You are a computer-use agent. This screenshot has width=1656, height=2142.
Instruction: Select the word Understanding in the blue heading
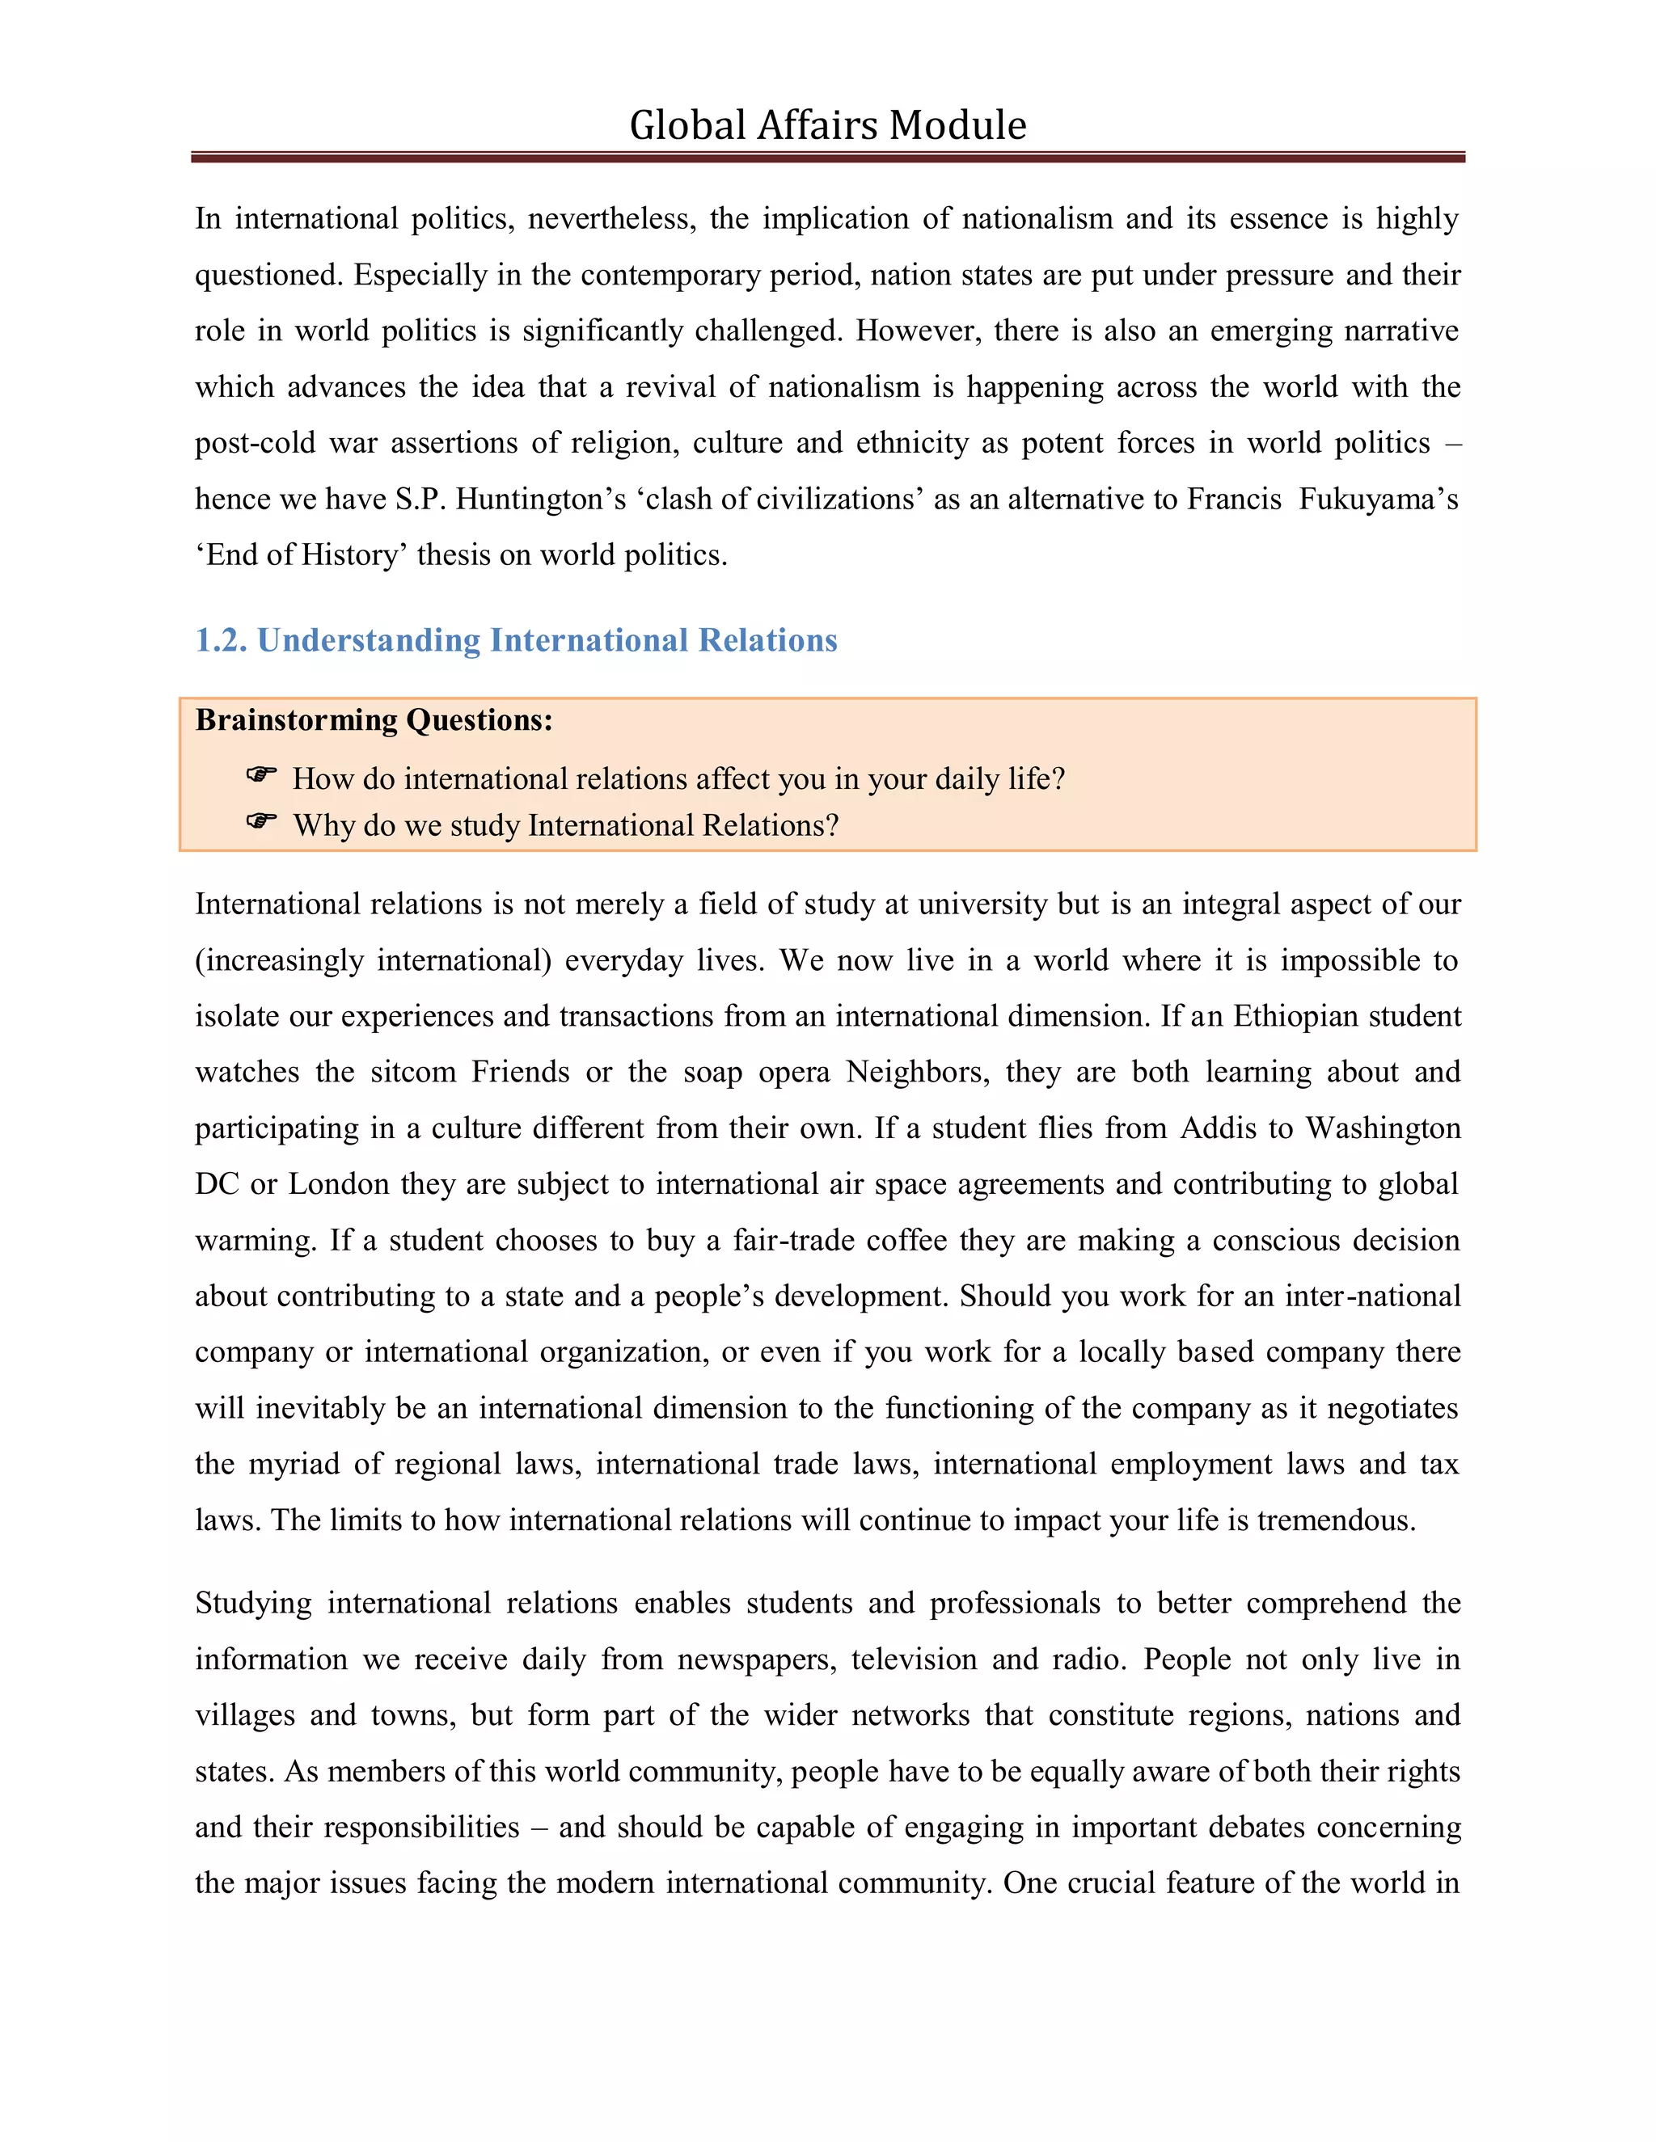pyautogui.click(x=369, y=640)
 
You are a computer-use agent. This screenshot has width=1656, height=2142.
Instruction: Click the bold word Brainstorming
pyautogui.click(x=296, y=720)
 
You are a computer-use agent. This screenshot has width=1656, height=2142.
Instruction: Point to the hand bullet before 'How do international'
pyautogui.click(x=261, y=775)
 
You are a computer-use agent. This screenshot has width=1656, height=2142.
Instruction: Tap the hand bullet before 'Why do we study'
pyautogui.click(x=261, y=821)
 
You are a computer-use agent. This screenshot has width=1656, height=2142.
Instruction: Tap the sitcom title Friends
pyautogui.click(x=520, y=1072)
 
